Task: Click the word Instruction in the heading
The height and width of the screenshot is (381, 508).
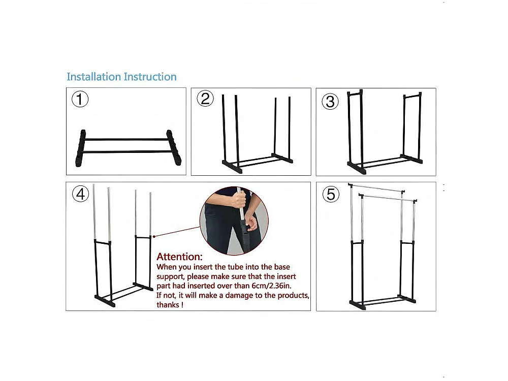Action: (150, 77)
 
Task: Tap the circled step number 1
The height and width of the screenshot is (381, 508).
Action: (80, 99)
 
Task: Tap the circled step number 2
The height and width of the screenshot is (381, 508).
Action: (205, 99)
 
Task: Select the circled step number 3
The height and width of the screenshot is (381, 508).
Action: (330, 101)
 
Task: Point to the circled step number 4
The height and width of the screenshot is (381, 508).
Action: (80, 194)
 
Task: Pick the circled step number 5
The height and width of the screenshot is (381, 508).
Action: (331, 194)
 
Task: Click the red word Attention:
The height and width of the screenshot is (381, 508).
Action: (179, 257)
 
